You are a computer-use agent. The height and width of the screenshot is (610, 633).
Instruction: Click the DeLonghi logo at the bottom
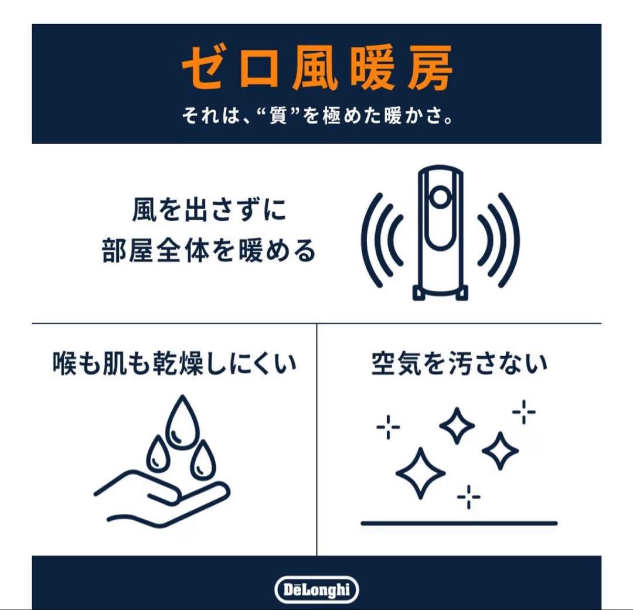click(x=316, y=589)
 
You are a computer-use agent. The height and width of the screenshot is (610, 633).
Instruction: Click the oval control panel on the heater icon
click(x=440, y=217)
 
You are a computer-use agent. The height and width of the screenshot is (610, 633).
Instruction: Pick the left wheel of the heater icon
click(x=418, y=292)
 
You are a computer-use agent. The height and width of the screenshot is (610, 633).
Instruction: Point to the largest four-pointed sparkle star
click(x=420, y=472)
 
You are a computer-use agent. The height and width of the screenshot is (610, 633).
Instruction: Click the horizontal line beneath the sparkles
click(x=459, y=523)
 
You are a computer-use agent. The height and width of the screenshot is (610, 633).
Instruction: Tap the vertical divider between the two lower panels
click(x=317, y=439)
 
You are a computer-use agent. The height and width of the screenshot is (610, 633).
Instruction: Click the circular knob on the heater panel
click(x=440, y=195)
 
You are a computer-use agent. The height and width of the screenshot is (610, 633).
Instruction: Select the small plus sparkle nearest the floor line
click(x=468, y=497)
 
